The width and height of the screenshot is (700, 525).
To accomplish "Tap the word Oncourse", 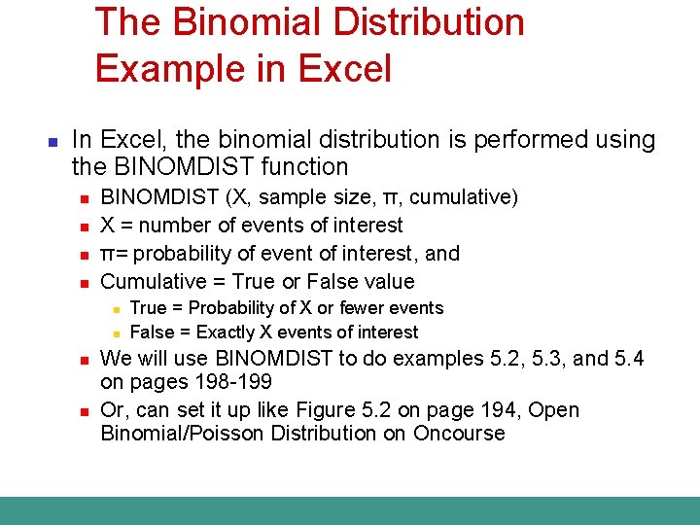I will (459, 434).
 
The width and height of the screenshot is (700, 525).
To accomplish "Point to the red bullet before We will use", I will (85, 360).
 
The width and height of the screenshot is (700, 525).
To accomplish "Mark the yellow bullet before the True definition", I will (115, 309).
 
